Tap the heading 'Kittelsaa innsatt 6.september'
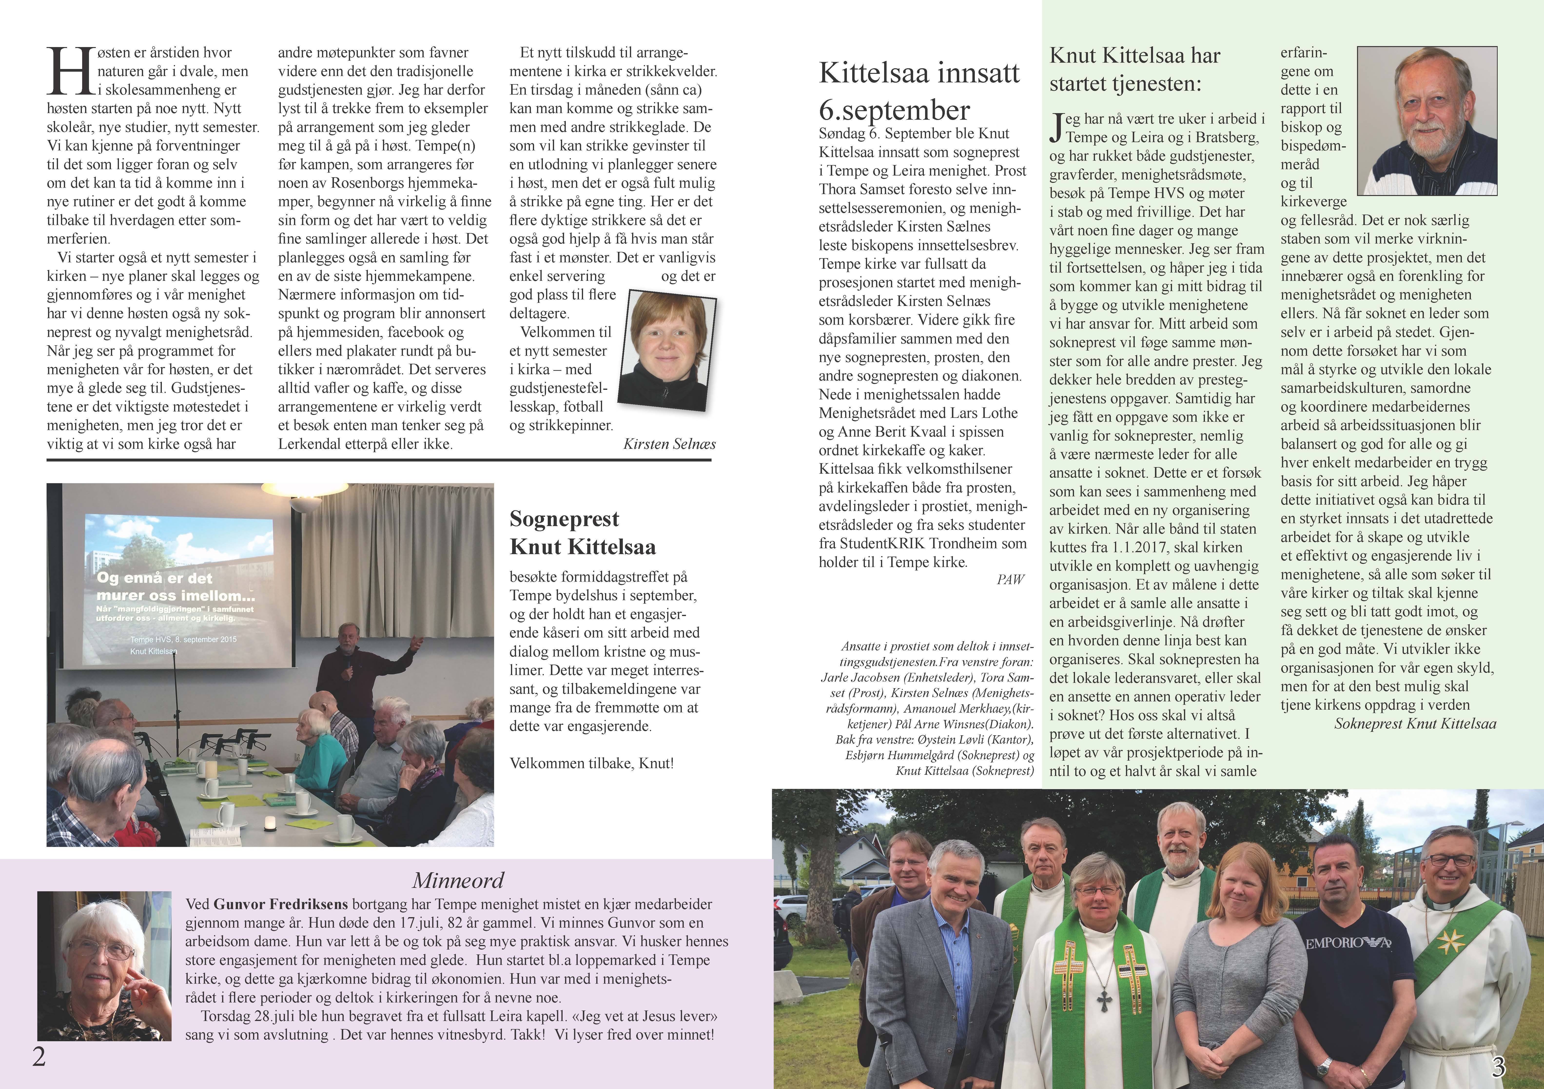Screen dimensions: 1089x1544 [919, 91]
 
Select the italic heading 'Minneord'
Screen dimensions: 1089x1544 [458, 881]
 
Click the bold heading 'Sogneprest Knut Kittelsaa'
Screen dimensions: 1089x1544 [582, 533]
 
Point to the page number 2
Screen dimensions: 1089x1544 [39, 1057]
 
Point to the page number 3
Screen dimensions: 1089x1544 [1498, 1067]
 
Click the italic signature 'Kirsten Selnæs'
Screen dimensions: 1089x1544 [669, 444]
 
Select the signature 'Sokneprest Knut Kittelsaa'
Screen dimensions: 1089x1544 [1415, 724]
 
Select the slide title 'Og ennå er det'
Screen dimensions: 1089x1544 [154, 578]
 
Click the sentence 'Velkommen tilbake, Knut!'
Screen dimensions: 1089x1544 [592, 764]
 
